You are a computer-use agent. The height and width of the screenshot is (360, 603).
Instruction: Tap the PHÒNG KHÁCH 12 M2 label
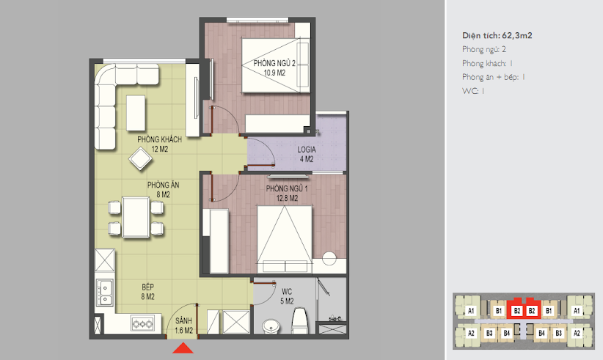pyautogui.click(x=160, y=144)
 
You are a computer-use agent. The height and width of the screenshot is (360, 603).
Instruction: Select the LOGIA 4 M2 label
pyautogui.click(x=307, y=154)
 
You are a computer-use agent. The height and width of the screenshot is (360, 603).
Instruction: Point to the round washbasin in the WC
pyautogui.click(x=272, y=326)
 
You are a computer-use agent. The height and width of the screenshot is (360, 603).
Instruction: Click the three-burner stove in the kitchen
pyautogui.click(x=142, y=324)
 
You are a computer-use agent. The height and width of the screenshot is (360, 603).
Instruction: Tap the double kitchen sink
pyautogui.click(x=105, y=293)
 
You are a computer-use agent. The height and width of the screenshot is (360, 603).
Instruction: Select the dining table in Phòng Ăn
pyautogui.click(x=136, y=217)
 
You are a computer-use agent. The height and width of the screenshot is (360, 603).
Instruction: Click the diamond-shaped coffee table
pyautogui.click(x=140, y=158)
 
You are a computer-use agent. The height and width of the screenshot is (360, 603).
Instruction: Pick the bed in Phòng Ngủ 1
pyautogui.click(x=285, y=239)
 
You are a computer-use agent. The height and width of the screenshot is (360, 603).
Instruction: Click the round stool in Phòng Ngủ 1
pyautogui.click(x=329, y=258)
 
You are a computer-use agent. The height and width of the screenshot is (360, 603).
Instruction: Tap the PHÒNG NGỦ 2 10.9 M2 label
pyautogui.click(x=274, y=67)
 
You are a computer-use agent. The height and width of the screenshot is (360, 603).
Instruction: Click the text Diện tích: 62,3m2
pyautogui.click(x=497, y=36)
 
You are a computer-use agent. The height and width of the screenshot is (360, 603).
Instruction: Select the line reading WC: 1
pyautogui.click(x=473, y=91)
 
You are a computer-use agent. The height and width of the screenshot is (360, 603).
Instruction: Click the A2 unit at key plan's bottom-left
pyautogui.click(x=471, y=333)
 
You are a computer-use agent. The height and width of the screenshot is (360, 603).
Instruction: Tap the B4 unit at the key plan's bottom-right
pyautogui.click(x=541, y=333)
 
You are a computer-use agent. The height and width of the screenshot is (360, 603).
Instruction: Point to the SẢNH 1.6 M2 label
pyautogui.click(x=184, y=326)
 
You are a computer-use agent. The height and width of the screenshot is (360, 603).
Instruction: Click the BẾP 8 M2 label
pyautogui.click(x=148, y=292)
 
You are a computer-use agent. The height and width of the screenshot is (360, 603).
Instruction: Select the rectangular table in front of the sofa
pyautogui.click(x=136, y=113)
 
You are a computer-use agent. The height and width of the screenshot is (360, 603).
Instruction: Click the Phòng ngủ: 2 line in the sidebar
pyautogui.click(x=483, y=50)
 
